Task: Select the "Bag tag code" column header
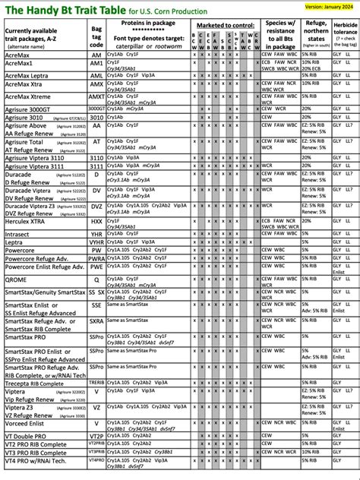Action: point(97,36)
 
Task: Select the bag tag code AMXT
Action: point(97,97)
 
